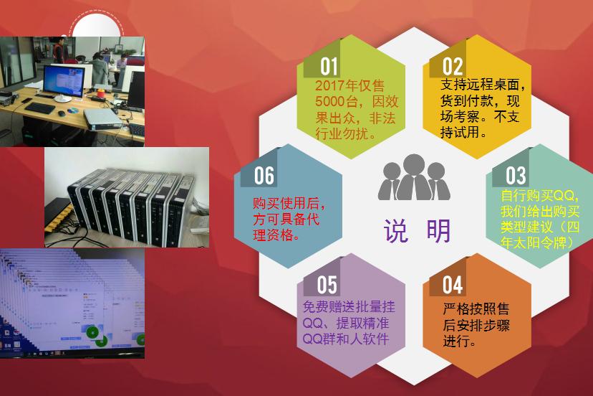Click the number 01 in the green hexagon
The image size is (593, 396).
click(x=329, y=67)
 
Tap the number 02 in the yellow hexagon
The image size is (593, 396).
click(x=453, y=68)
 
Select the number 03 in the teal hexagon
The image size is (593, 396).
click(x=516, y=176)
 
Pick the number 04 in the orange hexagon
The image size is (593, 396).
click(x=453, y=286)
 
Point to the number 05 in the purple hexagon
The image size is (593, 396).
click(x=327, y=286)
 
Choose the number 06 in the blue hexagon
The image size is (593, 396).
click(x=264, y=176)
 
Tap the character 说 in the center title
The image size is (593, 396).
click(x=396, y=232)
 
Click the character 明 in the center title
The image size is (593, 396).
click(x=438, y=232)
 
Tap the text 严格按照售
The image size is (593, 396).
click(x=476, y=309)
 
